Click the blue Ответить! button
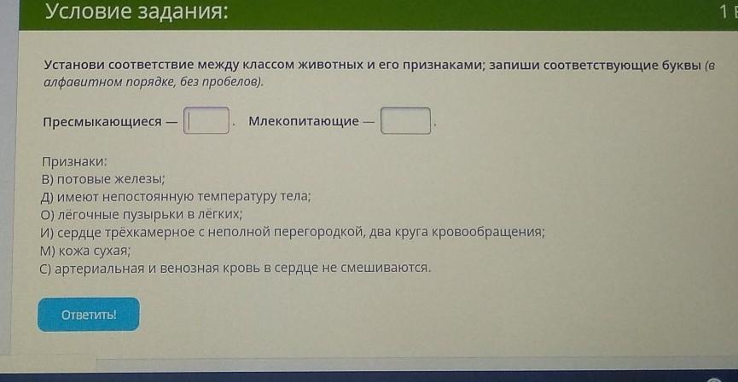89,315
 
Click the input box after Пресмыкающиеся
206,120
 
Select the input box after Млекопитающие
406,121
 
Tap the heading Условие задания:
137,12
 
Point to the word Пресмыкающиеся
102,122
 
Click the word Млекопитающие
304,121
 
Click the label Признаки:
74,162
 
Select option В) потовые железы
103,179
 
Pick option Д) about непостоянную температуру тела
176,197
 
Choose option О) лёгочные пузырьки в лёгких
142,215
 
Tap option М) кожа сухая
85,252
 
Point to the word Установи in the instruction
74,66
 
